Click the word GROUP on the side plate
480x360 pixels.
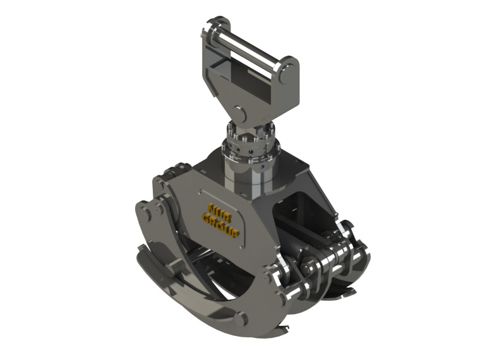pyautogui.click(x=222, y=225)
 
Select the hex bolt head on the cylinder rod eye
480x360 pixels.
pyautogui.click(x=313, y=265)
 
